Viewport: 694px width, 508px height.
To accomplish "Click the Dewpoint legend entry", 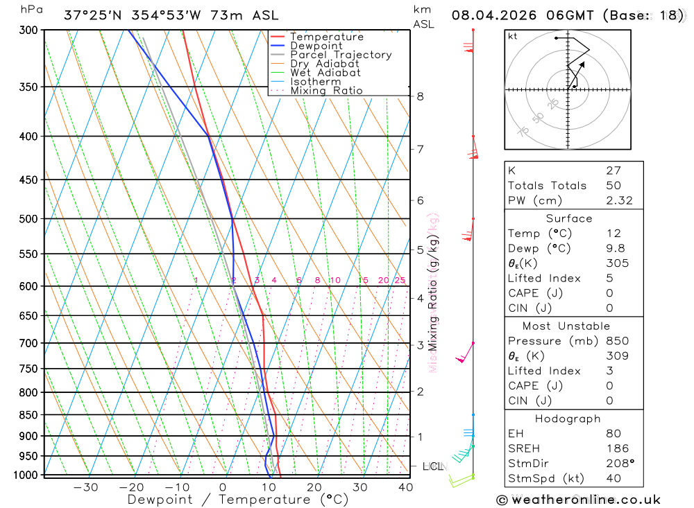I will tap(316, 46).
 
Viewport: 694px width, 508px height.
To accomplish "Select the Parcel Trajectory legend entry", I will tap(341, 55).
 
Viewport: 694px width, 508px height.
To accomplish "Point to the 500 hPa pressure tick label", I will tap(29, 219).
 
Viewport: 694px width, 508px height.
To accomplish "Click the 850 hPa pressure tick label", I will tap(29, 415).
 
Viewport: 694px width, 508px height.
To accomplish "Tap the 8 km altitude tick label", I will tap(421, 96).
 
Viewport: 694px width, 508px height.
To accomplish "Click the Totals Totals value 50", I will tap(613, 186).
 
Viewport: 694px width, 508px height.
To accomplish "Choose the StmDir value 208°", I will tap(619, 464).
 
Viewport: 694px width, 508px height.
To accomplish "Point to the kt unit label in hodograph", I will tap(513, 36).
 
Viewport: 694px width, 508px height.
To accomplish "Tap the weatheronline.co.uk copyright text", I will tap(578, 500).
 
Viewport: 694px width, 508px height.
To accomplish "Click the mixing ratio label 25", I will tap(400, 280).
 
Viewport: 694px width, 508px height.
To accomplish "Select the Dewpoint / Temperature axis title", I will tap(238, 500).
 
